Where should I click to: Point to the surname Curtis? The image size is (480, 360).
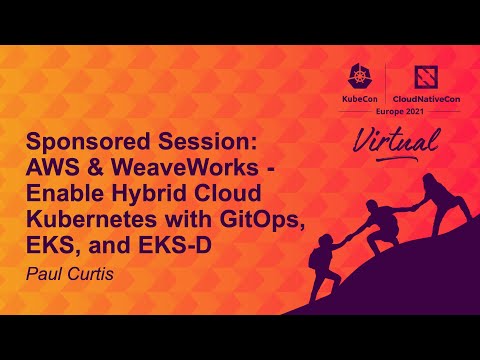point(93,270)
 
